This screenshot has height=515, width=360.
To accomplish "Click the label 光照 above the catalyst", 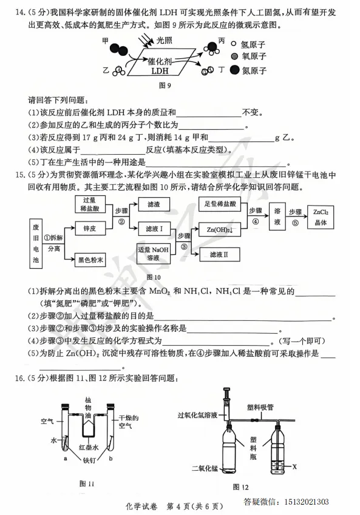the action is click(x=165, y=40).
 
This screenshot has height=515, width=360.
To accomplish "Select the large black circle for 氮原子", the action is click(x=233, y=70).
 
